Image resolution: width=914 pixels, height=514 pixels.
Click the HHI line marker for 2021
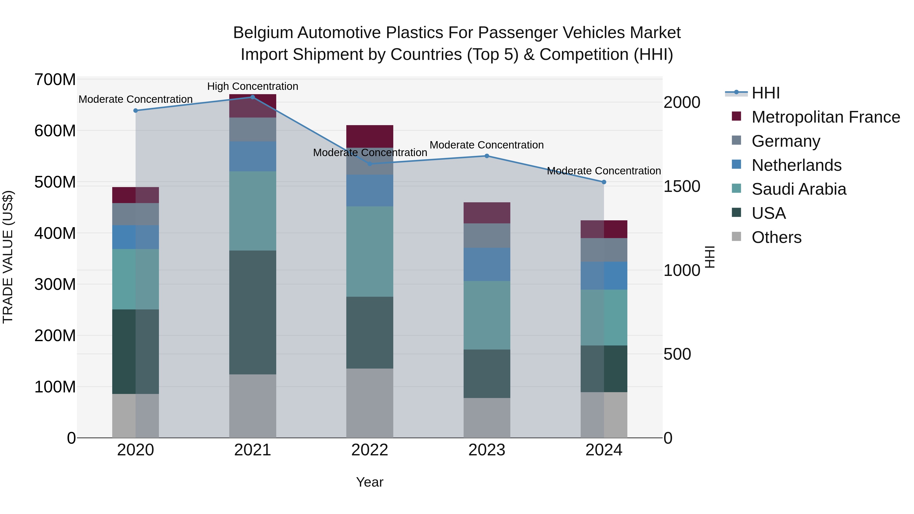[x=253, y=97]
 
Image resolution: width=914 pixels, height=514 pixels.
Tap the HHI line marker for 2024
[x=604, y=182]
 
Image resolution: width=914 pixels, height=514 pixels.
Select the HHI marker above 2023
[x=487, y=156]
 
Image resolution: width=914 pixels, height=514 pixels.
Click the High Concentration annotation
[x=253, y=87]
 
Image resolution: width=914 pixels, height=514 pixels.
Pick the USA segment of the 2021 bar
[x=253, y=312]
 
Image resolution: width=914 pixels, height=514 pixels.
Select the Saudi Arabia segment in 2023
[x=487, y=315]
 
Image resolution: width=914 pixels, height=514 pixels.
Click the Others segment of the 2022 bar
[x=370, y=403]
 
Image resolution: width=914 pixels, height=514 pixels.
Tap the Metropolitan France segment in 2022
[x=370, y=136]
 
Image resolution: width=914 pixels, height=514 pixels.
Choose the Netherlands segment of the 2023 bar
[x=487, y=264]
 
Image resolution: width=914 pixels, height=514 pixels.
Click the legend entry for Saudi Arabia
[x=798, y=189]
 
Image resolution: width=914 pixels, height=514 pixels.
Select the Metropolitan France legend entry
[x=825, y=117]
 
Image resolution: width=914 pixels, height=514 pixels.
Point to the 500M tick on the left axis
[x=55, y=182]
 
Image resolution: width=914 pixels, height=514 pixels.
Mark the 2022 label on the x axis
[x=370, y=450]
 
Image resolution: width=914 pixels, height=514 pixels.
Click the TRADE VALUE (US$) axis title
[x=8, y=257]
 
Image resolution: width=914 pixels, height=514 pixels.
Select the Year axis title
[x=370, y=482]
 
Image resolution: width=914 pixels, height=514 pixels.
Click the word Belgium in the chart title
[x=263, y=33]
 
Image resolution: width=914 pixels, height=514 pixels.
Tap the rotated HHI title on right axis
[x=709, y=257]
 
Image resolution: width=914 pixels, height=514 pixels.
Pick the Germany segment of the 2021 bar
[x=253, y=129]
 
